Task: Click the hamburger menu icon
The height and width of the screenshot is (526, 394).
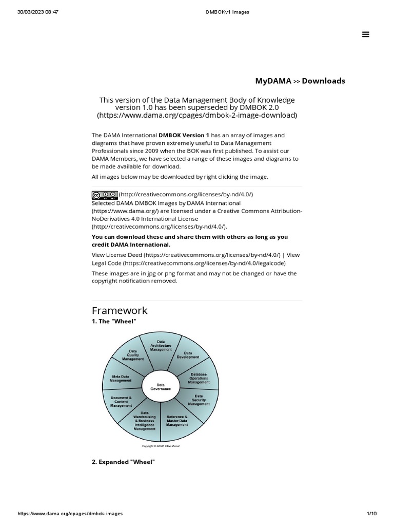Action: click(x=366, y=34)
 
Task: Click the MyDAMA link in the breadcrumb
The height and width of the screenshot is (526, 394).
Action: click(x=273, y=81)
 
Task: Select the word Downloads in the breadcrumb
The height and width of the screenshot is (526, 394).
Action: click(x=323, y=81)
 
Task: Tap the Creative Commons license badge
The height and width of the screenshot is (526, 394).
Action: click(x=105, y=195)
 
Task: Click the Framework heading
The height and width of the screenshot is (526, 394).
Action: click(x=120, y=310)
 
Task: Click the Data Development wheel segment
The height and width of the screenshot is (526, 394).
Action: click(x=188, y=355)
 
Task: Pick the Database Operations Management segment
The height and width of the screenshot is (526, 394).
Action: click(x=199, y=379)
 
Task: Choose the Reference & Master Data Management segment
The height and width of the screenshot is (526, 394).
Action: click(x=177, y=421)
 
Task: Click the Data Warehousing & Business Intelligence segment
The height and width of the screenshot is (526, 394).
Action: click(x=145, y=421)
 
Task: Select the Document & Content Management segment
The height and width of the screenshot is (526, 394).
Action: click(x=121, y=401)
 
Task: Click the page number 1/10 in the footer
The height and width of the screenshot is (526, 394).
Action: click(x=372, y=514)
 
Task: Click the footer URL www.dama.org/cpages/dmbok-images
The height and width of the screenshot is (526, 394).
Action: click(x=70, y=514)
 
